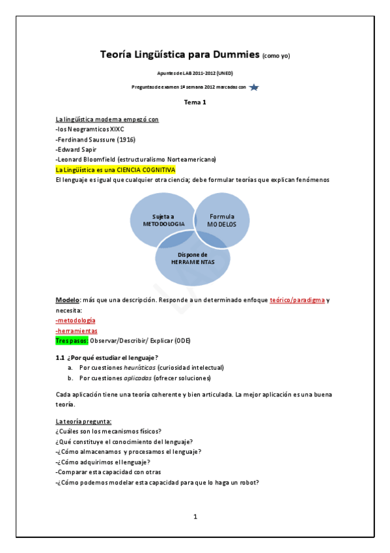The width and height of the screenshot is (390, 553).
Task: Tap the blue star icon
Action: click(254, 87)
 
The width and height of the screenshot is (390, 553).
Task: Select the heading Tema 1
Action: click(195, 103)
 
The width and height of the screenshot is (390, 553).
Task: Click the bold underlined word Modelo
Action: click(67, 300)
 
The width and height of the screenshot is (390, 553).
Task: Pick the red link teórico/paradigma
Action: click(297, 300)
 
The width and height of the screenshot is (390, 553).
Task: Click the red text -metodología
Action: click(76, 320)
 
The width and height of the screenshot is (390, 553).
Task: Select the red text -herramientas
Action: click(77, 331)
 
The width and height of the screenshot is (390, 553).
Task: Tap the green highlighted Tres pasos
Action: click(72, 341)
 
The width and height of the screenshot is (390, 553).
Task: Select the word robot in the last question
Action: click(249, 483)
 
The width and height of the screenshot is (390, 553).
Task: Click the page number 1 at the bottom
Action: click(195, 517)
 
